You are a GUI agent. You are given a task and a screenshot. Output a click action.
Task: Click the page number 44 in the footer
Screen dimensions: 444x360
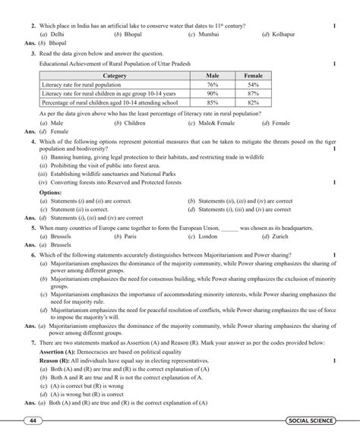pyautogui.click(x=33, y=420)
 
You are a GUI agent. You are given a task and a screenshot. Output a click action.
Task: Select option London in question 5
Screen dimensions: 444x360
pyautogui.click(x=206, y=237)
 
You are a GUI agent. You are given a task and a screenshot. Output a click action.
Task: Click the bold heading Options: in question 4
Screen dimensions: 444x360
pyautogui.click(x=52, y=193)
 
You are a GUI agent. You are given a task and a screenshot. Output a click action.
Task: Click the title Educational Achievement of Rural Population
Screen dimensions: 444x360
pyautogui.click(x=110, y=65)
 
